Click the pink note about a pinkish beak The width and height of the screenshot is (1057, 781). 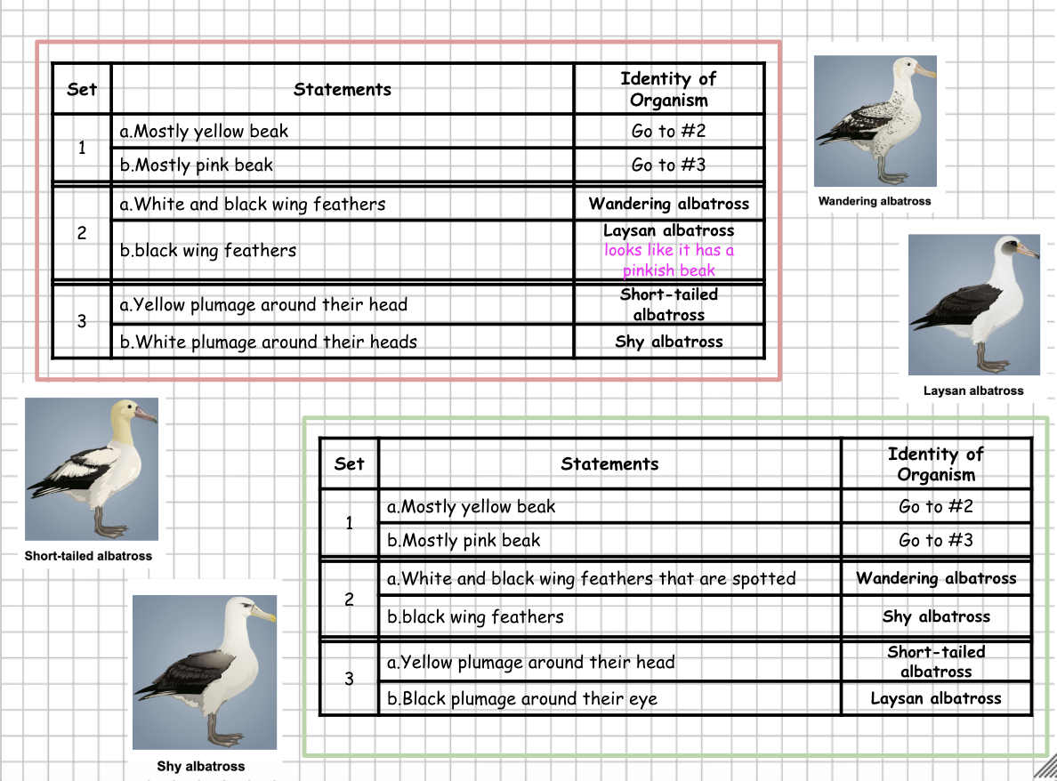point(669,261)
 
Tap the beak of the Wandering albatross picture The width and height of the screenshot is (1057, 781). point(924,72)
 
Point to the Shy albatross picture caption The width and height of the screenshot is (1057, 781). point(201,766)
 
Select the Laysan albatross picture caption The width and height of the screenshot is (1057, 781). point(973,390)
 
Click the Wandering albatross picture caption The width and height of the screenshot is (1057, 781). point(875,201)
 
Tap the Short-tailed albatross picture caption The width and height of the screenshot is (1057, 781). point(88,556)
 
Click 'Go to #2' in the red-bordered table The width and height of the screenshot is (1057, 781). point(669,132)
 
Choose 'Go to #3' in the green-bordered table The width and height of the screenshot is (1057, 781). point(936,540)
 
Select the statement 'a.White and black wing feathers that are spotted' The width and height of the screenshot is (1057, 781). point(592,579)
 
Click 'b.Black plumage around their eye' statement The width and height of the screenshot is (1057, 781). point(522,699)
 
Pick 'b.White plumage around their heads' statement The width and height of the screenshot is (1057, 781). point(269,342)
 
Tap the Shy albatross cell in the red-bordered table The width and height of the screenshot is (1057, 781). point(669,342)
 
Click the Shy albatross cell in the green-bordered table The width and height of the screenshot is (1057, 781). point(936,616)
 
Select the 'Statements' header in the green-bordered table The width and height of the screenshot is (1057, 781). point(609,463)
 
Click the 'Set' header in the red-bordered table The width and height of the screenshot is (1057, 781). point(82,89)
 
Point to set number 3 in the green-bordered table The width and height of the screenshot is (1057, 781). point(349,680)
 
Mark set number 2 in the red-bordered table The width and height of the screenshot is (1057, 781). point(82,234)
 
